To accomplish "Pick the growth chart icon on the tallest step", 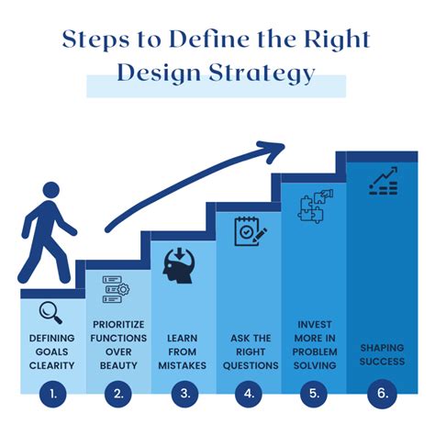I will pyautogui.click(x=383, y=180).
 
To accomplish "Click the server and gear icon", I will pyautogui.click(x=116, y=288).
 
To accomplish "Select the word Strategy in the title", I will pyautogui.click(x=261, y=74).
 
